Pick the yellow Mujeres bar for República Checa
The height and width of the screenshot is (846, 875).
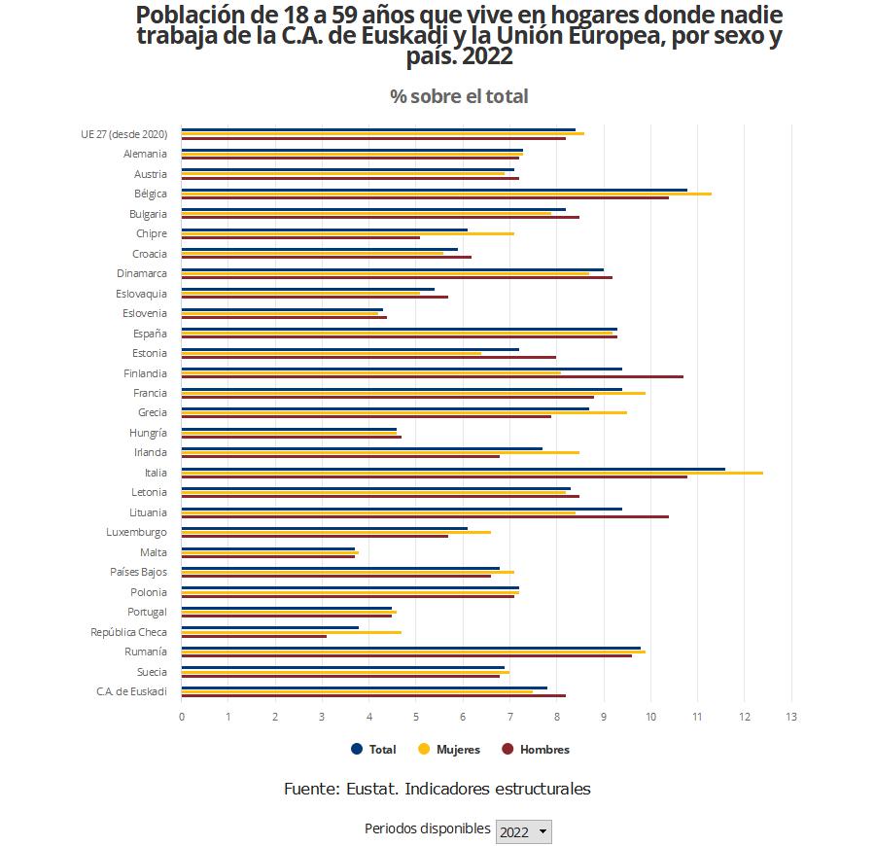(x=291, y=632)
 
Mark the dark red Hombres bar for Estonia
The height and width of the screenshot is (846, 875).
(x=368, y=358)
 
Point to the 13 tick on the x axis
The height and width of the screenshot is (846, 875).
(x=791, y=718)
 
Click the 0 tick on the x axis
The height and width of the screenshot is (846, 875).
(x=182, y=718)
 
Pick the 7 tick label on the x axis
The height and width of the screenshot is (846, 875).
(x=510, y=718)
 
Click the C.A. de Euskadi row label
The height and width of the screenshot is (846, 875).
(x=131, y=691)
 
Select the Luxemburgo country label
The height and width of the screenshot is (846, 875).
(x=136, y=532)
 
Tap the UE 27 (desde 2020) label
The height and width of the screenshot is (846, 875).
(x=123, y=133)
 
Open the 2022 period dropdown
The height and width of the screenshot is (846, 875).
(x=523, y=831)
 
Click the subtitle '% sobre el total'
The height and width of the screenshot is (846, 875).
(x=459, y=96)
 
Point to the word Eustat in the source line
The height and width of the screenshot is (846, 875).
(x=368, y=789)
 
